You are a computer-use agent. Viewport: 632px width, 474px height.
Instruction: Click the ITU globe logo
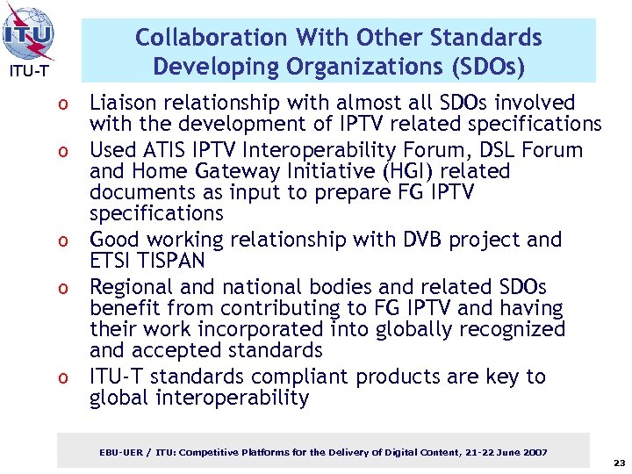pyautogui.click(x=29, y=33)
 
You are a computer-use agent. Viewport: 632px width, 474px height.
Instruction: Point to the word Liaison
pyautogui.click(x=128, y=103)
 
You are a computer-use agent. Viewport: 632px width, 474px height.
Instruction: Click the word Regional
pyautogui.click(x=134, y=287)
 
